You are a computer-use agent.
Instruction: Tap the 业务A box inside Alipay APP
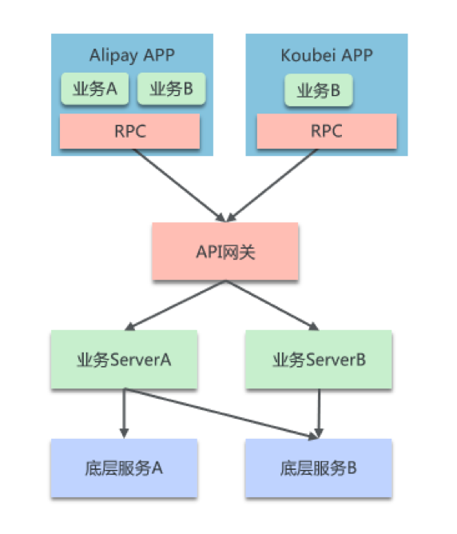pyautogui.click(x=95, y=90)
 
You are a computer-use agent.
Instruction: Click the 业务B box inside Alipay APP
pyautogui.click(x=171, y=90)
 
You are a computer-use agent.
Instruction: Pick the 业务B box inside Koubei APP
pyautogui.click(x=319, y=91)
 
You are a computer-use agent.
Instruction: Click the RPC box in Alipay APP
pyautogui.click(x=130, y=131)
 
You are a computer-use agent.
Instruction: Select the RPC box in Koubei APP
pyautogui.click(x=326, y=131)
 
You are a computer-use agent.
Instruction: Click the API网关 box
pyautogui.click(x=226, y=252)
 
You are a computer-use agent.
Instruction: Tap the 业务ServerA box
pyautogui.click(x=124, y=360)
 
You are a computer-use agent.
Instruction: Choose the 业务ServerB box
pyautogui.click(x=319, y=360)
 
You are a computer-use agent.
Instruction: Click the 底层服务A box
pyautogui.click(x=124, y=468)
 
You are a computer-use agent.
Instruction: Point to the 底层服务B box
pyautogui.click(x=319, y=468)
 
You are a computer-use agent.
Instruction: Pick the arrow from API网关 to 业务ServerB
pyautogui.click(x=272, y=305)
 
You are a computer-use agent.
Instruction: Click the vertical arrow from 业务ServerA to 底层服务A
pyautogui.click(x=124, y=412)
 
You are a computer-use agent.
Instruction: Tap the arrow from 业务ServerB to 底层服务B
pyautogui.click(x=319, y=412)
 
